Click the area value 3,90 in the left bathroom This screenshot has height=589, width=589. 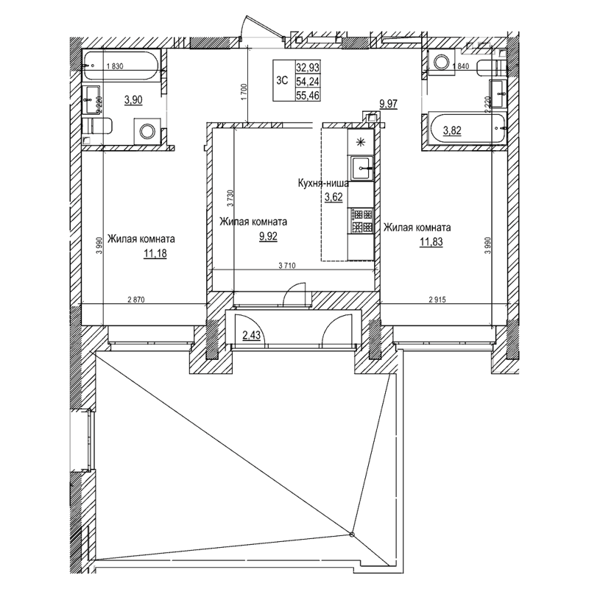coord(133,101)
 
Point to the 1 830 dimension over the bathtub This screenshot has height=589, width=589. coord(114,67)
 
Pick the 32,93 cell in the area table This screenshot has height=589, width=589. coord(307,67)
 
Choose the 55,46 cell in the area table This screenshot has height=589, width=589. coord(307,96)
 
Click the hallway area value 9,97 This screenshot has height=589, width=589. coord(388,105)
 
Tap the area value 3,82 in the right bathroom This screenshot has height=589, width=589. coord(451,131)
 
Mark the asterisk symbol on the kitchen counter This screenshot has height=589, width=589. coord(361,142)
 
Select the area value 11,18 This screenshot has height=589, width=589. coord(155,254)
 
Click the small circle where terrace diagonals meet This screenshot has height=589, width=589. coord(352,534)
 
